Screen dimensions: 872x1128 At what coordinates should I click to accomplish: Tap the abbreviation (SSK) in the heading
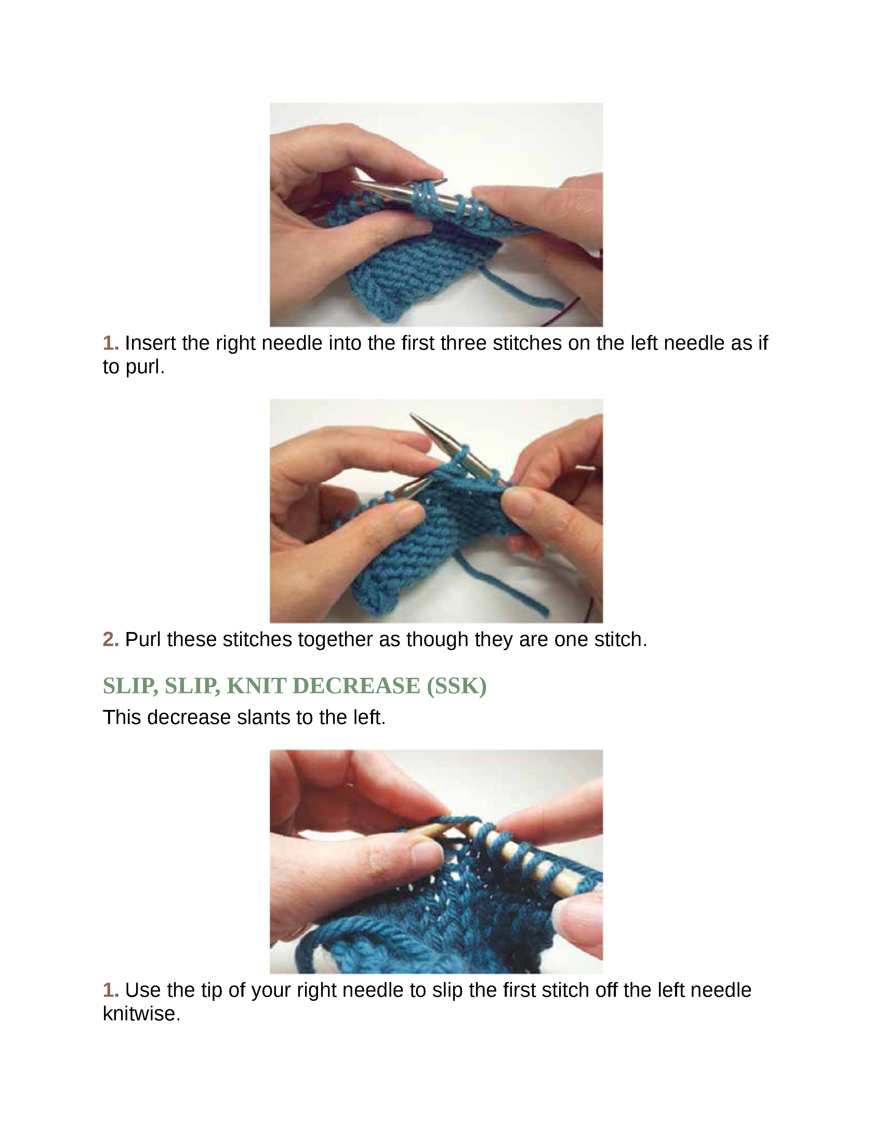457,686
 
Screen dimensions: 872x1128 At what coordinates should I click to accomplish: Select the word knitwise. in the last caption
142,1014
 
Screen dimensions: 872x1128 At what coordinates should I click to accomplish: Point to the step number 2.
110,640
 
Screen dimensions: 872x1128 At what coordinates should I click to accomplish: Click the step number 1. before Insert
110,343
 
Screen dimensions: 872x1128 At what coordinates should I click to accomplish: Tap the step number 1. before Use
110,990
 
